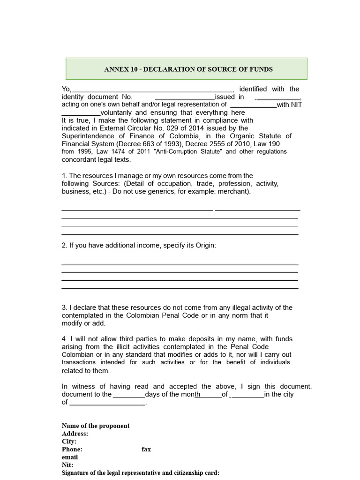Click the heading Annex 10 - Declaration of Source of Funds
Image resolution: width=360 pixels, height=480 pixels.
(x=188, y=69)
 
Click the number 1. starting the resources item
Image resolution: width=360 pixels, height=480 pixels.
(x=65, y=176)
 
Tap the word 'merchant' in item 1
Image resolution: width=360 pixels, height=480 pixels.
(x=235, y=192)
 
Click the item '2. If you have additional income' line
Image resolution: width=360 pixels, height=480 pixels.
(x=139, y=246)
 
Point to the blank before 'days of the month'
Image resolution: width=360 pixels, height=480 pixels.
(x=129, y=395)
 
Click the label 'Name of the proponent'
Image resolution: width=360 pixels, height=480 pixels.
(x=96, y=426)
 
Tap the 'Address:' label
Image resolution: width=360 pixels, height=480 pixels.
(x=75, y=434)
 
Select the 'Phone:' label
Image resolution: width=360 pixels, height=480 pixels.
(x=72, y=449)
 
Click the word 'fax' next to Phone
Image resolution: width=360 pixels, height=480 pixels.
(x=146, y=449)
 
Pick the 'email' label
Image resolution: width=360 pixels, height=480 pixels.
(x=70, y=457)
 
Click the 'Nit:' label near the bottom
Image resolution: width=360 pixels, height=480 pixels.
(x=68, y=465)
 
